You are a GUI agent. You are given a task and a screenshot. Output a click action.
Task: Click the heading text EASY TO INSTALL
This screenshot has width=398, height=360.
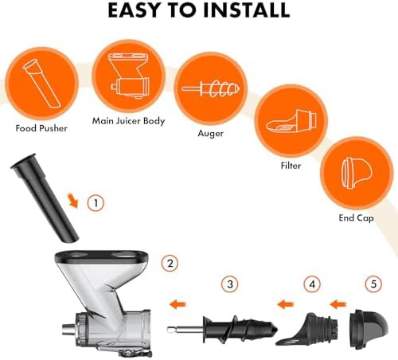[x=199, y=11]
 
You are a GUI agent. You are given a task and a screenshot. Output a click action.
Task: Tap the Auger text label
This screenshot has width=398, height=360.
[x=210, y=134]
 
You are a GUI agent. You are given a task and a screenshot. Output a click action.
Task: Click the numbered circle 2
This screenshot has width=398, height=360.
[x=168, y=262]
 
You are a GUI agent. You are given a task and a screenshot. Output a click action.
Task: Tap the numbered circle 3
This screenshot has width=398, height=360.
[x=230, y=283]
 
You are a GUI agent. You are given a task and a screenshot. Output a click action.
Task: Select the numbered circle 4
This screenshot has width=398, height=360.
[x=314, y=283]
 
